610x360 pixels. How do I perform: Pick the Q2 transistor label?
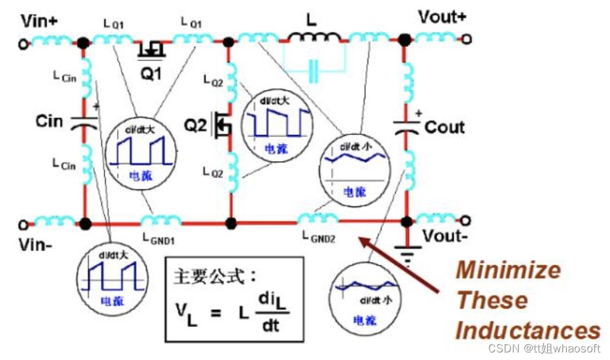[x=196, y=125]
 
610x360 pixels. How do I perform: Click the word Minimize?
[x=508, y=271]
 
